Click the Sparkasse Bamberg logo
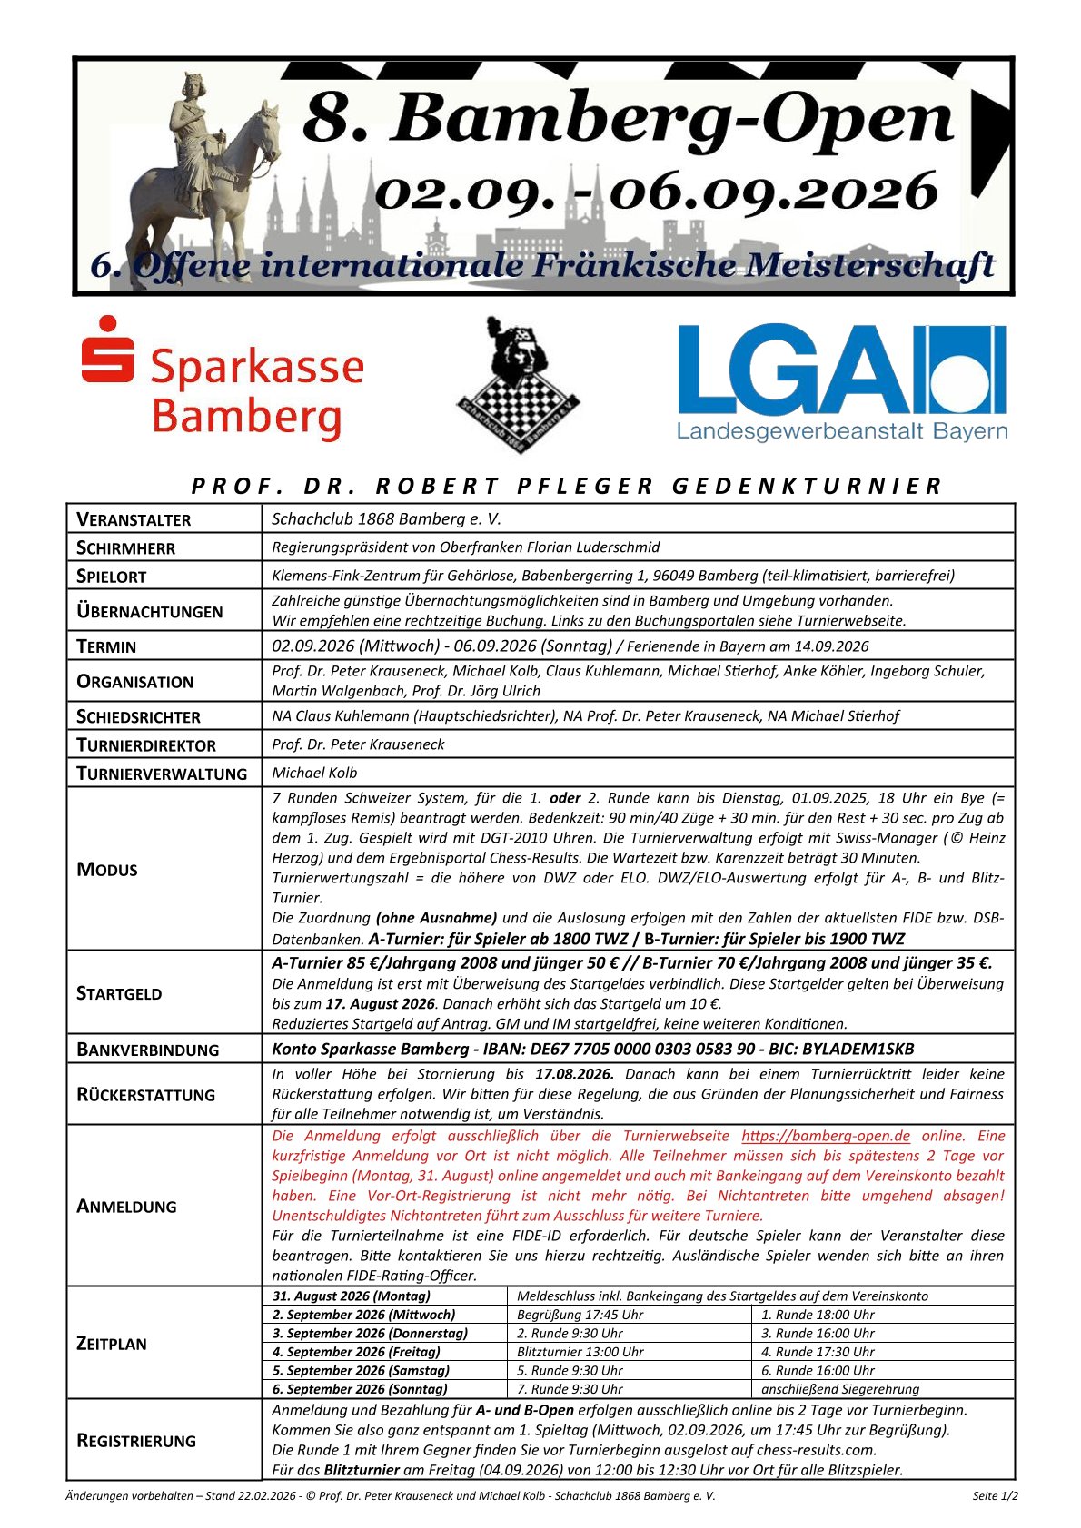(223, 379)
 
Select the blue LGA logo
(841, 381)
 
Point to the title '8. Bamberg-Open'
(627, 118)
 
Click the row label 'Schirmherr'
(126, 547)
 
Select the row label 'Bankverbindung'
(148, 1050)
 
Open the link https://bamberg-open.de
(825, 1136)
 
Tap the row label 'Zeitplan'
(112, 1344)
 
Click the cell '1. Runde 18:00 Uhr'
(818, 1315)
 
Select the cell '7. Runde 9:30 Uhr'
(570, 1389)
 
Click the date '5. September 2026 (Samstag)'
(361, 1371)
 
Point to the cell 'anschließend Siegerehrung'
(839, 1389)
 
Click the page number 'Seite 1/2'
(995, 1496)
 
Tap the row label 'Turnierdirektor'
(146, 745)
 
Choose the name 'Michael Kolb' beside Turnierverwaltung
(314, 774)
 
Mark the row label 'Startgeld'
(119, 993)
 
